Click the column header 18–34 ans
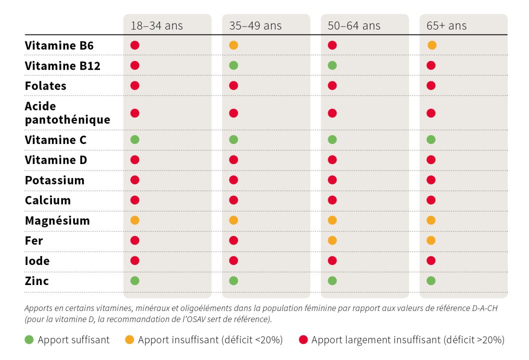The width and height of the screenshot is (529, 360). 156,26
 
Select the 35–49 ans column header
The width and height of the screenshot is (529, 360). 255,26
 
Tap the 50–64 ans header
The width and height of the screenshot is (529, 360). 354,26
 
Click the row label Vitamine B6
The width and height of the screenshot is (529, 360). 59,45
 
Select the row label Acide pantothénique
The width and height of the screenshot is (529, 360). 67,113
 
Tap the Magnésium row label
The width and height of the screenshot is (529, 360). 57,220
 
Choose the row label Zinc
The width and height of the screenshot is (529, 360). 37,281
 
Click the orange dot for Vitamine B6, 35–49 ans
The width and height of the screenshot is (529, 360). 233,45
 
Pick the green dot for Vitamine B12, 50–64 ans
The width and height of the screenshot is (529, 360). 332,65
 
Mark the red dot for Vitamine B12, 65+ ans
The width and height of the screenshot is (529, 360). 431,65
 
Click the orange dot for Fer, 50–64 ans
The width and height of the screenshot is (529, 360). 332,240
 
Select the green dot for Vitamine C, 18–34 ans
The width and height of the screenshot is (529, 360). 134,139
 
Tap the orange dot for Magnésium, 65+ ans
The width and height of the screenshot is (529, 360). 431,220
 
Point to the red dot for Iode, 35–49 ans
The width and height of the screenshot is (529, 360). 233,260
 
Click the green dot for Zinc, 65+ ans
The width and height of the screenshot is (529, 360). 431,281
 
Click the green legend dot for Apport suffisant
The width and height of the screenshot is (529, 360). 29,340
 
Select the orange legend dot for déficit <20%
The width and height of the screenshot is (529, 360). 129,340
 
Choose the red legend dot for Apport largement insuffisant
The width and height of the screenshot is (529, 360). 302,340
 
